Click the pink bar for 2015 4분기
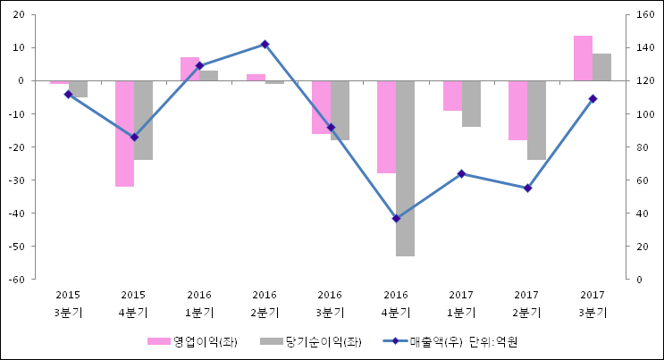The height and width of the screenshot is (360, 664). coord(124,133)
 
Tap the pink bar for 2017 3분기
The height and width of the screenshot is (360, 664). coord(583,58)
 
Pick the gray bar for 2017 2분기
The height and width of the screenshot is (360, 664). coord(536,120)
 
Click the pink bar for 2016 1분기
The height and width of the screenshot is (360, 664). coord(189,69)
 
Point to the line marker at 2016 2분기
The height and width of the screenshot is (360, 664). coord(265,44)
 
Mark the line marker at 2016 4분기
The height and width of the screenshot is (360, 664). coord(396,218)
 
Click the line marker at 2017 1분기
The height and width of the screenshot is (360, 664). coord(461,173)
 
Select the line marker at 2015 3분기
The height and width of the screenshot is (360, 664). coord(68,94)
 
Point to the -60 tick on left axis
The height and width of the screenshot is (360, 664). coord(17,279)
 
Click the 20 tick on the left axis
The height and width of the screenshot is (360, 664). coord(19,15)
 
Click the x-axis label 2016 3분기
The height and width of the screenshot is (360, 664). coord(330,303)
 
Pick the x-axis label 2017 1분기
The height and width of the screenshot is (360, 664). coord(461,303)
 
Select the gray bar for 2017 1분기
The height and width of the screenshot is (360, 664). coord(471,104)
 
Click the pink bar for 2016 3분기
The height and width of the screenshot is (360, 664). coord(321,107)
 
